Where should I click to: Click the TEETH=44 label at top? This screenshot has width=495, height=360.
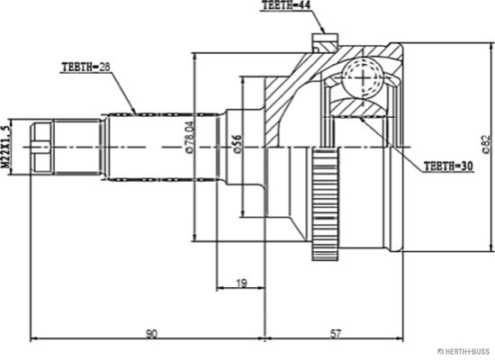click(x=286, y=6)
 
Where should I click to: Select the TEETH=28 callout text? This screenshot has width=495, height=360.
click(x=86, y=67)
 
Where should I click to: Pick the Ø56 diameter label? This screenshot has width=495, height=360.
click(x=237, y=145)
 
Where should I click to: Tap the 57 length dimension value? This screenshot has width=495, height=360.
click(x=336, y=334)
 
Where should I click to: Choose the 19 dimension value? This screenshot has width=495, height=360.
click(x=241, y=283)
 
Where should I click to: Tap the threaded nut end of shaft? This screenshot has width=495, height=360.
click(x=40, y=143)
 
